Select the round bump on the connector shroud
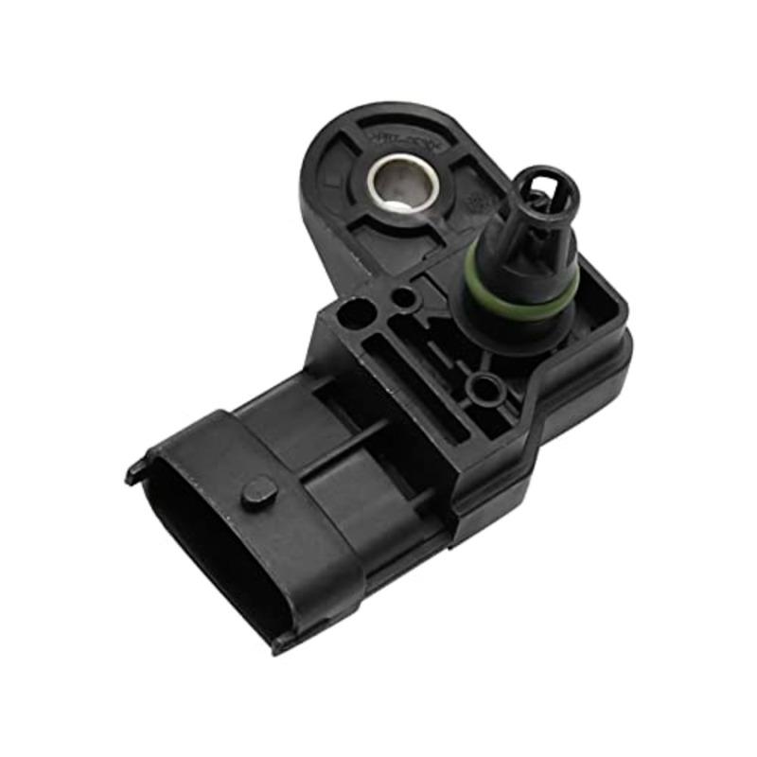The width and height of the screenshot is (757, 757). click(259, 490)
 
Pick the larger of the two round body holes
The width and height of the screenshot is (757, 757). click(358, 313)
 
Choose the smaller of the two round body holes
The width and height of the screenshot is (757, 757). click(404, 298)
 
